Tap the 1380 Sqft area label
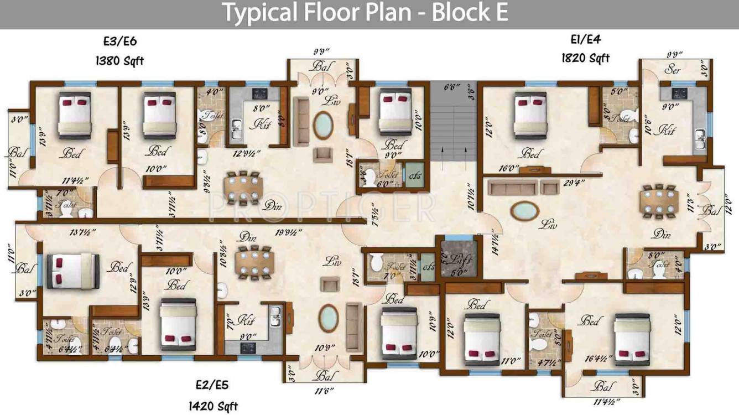(x=119, y=60)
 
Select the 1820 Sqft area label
(x=585, y=58)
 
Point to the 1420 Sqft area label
(x=213, y=407)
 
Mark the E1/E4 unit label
(x=586, y=39)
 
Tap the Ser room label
(x=673, y=70)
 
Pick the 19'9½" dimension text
(x=290, y=232)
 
